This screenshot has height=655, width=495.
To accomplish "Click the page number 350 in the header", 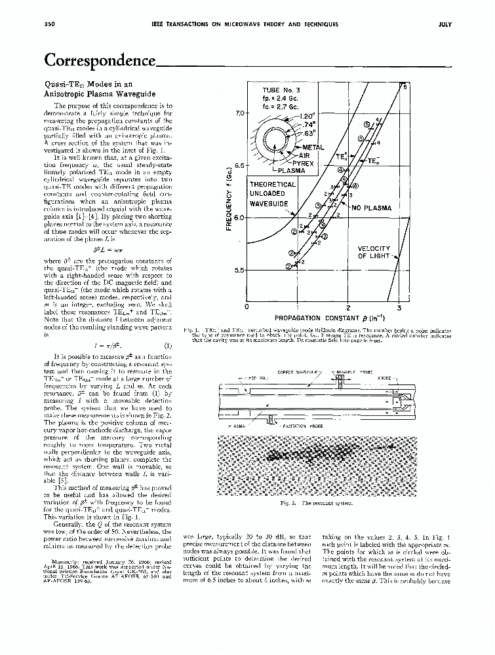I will pos(48,24).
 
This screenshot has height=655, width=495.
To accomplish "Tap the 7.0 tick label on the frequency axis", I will pos(240,113).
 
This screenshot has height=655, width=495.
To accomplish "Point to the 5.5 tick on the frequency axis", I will pos(240,270).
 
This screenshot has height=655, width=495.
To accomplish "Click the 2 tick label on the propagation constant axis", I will pos(348,307).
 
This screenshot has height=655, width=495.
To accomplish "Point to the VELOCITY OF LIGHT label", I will pos(374,252).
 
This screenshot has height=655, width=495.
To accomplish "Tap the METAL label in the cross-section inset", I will pos(313,147).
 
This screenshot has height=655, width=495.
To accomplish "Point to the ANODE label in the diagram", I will pos(386,377).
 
